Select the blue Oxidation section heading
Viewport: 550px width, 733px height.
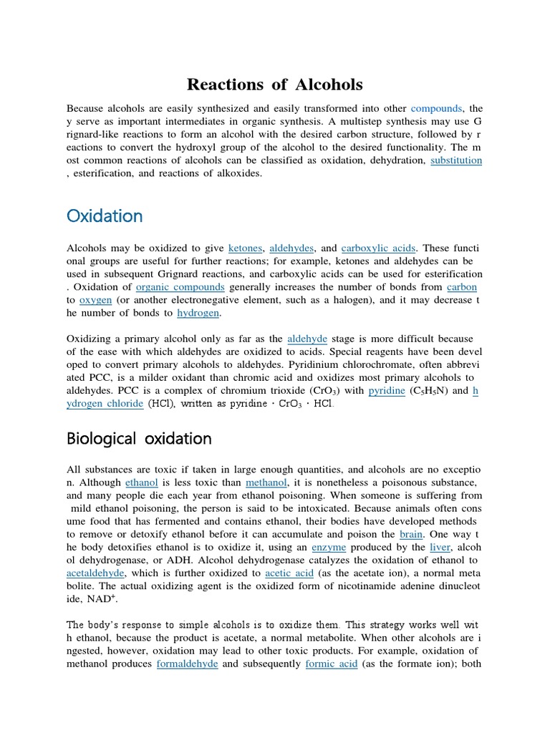tap(105, 215)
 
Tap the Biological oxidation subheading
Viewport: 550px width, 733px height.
tap(139, 438)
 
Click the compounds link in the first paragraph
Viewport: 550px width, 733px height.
tap(436, 109)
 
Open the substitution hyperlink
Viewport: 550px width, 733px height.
tap(456, 160)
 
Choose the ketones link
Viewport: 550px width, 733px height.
tap(246, 248)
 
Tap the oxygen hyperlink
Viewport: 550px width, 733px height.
tap(96, 300)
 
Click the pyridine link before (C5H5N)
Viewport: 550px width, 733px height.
tap(386, 391)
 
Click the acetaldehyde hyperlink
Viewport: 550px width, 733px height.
tap(95, 573)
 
